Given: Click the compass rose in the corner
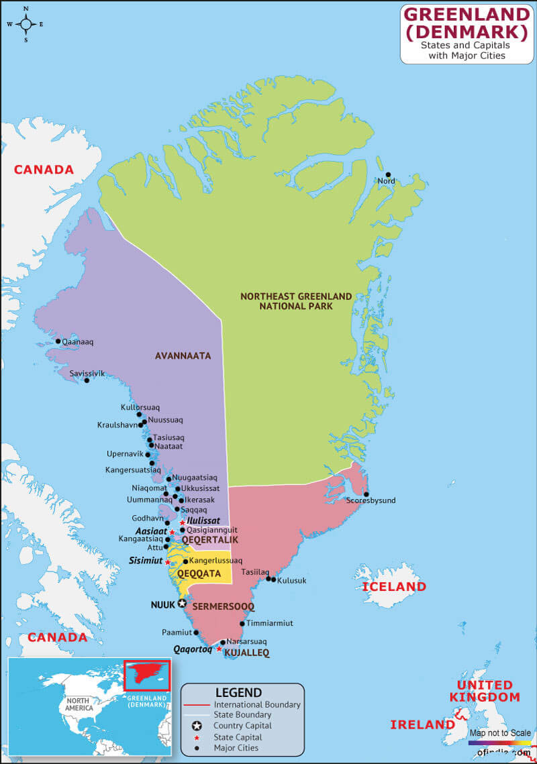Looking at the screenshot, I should click(x=26, y=24).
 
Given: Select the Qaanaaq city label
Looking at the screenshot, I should click(x=77, y=342).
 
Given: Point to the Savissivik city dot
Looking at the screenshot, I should click(x=87, y=380).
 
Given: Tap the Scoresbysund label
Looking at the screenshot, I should click(x=371, y=500).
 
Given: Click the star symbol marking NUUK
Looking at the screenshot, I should click(x=181, y=604).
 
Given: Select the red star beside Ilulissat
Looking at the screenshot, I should click(x=182, y=522).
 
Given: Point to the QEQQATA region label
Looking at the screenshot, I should click(x=199, y=574).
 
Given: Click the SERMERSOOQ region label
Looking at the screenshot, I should click(x=224, y=606).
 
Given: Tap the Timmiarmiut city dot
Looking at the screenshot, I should click(x=242, y=624).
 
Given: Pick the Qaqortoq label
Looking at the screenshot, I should click(x=193, y=649).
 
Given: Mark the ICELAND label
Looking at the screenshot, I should click(x=394, y=587).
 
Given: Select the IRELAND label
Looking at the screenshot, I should click(x=423, y=724).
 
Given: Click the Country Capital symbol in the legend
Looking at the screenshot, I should click(x=197, y=726).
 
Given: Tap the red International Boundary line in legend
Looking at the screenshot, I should click(x=197, y=705).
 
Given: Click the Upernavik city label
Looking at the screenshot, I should click(x=126, y=454).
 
